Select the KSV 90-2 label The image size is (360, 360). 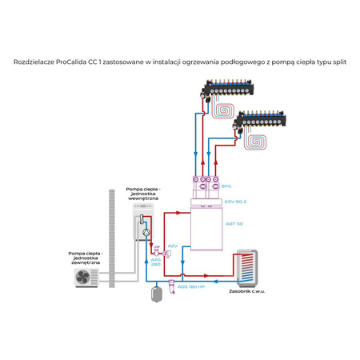coord(235,202)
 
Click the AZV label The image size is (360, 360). coord(172,246)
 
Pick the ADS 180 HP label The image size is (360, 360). coord(192,286)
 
